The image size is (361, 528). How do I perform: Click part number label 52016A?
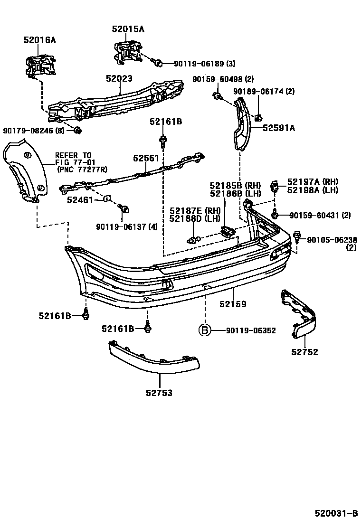(x=39, y=40)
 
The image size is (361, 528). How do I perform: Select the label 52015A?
(x=128, y=29)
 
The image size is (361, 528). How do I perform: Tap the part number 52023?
(x=119, y=79)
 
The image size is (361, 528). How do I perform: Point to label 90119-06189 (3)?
(x=204, y=64)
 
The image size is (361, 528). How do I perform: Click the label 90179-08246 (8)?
(x=33, y=130)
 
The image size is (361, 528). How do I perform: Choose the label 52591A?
(x=279, y=127)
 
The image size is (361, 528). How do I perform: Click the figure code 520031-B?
(x=335, y=513)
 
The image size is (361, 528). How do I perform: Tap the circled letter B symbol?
(x=204, y=330)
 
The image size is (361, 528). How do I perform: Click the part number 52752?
(x=304, y=352)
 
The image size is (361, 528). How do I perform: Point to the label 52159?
(x=233, y=304)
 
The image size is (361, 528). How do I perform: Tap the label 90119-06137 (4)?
(x=126, y=226)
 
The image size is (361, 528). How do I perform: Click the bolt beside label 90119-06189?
(x=159, y=62)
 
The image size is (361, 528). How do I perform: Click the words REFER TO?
(x=73, y=155)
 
